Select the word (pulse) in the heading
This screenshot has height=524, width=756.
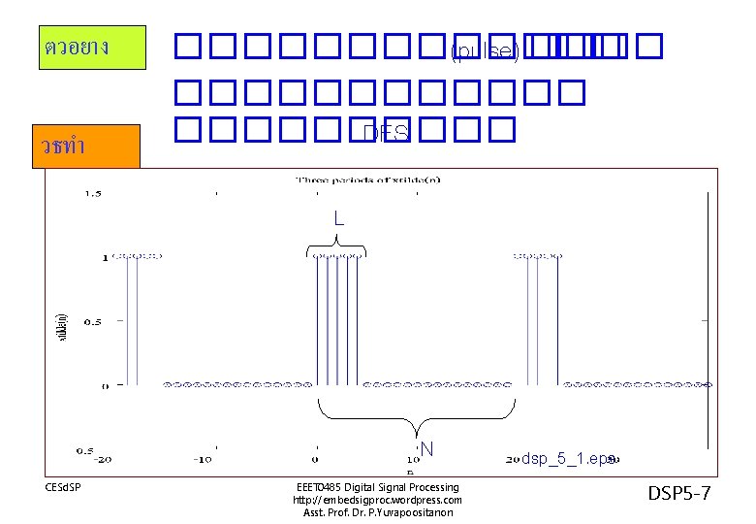(x=485, y=49)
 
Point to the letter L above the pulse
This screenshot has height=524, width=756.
(x=338, y=219)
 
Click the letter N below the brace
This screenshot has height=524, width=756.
(x=425, y=448)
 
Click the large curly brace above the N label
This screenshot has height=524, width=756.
(x=418, y=418)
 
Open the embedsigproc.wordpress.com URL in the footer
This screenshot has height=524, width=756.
(x=377, y=500)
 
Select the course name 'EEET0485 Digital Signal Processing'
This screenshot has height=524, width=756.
(x=377, y=486)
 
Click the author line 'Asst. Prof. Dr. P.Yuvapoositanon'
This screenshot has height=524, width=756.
(x=377, y=512)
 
